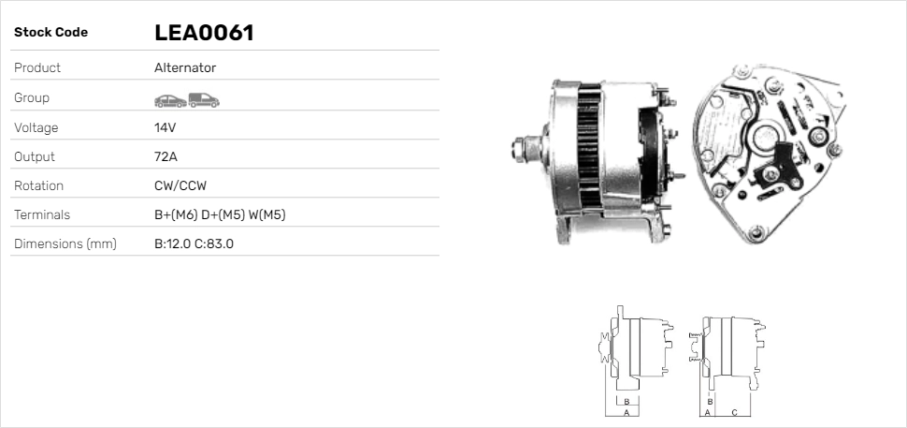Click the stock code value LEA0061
point(204,33)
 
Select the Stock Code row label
point(50,33)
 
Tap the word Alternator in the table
point(185,68)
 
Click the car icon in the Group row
point(169,99)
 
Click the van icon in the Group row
point(203,99)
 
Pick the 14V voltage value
point(166,127)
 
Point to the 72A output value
point(166,156)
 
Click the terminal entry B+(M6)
point(176,215)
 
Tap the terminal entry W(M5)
point(266,215)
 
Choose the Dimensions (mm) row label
point(65,244)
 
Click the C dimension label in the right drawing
point(734,411)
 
